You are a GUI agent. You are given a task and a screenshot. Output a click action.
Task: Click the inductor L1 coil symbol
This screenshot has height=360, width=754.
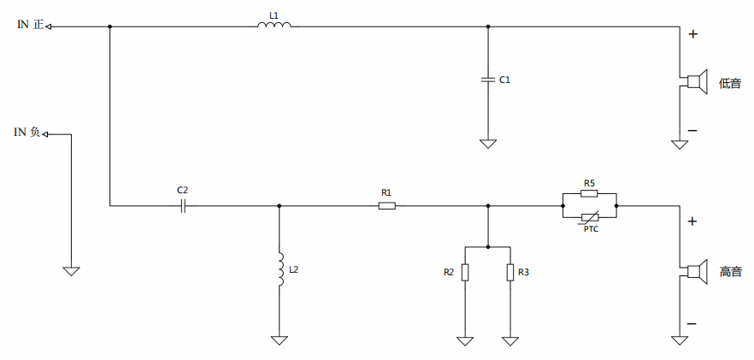274,25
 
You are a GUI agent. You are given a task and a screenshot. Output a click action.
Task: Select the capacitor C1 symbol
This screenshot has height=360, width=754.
487,80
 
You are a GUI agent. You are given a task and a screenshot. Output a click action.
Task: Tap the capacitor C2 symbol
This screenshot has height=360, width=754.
183,205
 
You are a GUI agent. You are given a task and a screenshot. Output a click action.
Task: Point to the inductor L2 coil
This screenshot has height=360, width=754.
280,269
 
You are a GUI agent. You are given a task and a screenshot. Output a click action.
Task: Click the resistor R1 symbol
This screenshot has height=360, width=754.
386,205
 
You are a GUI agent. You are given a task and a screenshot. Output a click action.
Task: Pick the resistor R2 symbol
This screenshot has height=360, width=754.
465,272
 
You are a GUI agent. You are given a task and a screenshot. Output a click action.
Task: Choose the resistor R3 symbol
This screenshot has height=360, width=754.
510,272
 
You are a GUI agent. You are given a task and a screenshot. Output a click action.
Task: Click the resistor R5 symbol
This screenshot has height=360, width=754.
589,194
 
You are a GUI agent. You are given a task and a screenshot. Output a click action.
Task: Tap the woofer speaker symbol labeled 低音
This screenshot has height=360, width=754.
696,82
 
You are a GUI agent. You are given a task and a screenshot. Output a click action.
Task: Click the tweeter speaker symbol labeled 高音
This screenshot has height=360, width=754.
696,271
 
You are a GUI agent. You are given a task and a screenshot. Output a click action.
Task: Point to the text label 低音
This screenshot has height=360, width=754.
730,83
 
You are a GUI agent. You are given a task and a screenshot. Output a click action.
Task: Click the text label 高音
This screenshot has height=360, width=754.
730,272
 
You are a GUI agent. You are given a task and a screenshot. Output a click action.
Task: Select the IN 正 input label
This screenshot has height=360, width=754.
30,26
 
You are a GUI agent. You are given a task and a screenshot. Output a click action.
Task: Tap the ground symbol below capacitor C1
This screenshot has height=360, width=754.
487,144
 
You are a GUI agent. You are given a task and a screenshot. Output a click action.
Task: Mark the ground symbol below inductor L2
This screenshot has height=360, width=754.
280,339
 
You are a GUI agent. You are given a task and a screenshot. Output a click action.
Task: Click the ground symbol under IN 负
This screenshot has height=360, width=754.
71,270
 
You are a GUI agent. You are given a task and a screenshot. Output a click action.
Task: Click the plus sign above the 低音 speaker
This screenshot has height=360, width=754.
692,35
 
